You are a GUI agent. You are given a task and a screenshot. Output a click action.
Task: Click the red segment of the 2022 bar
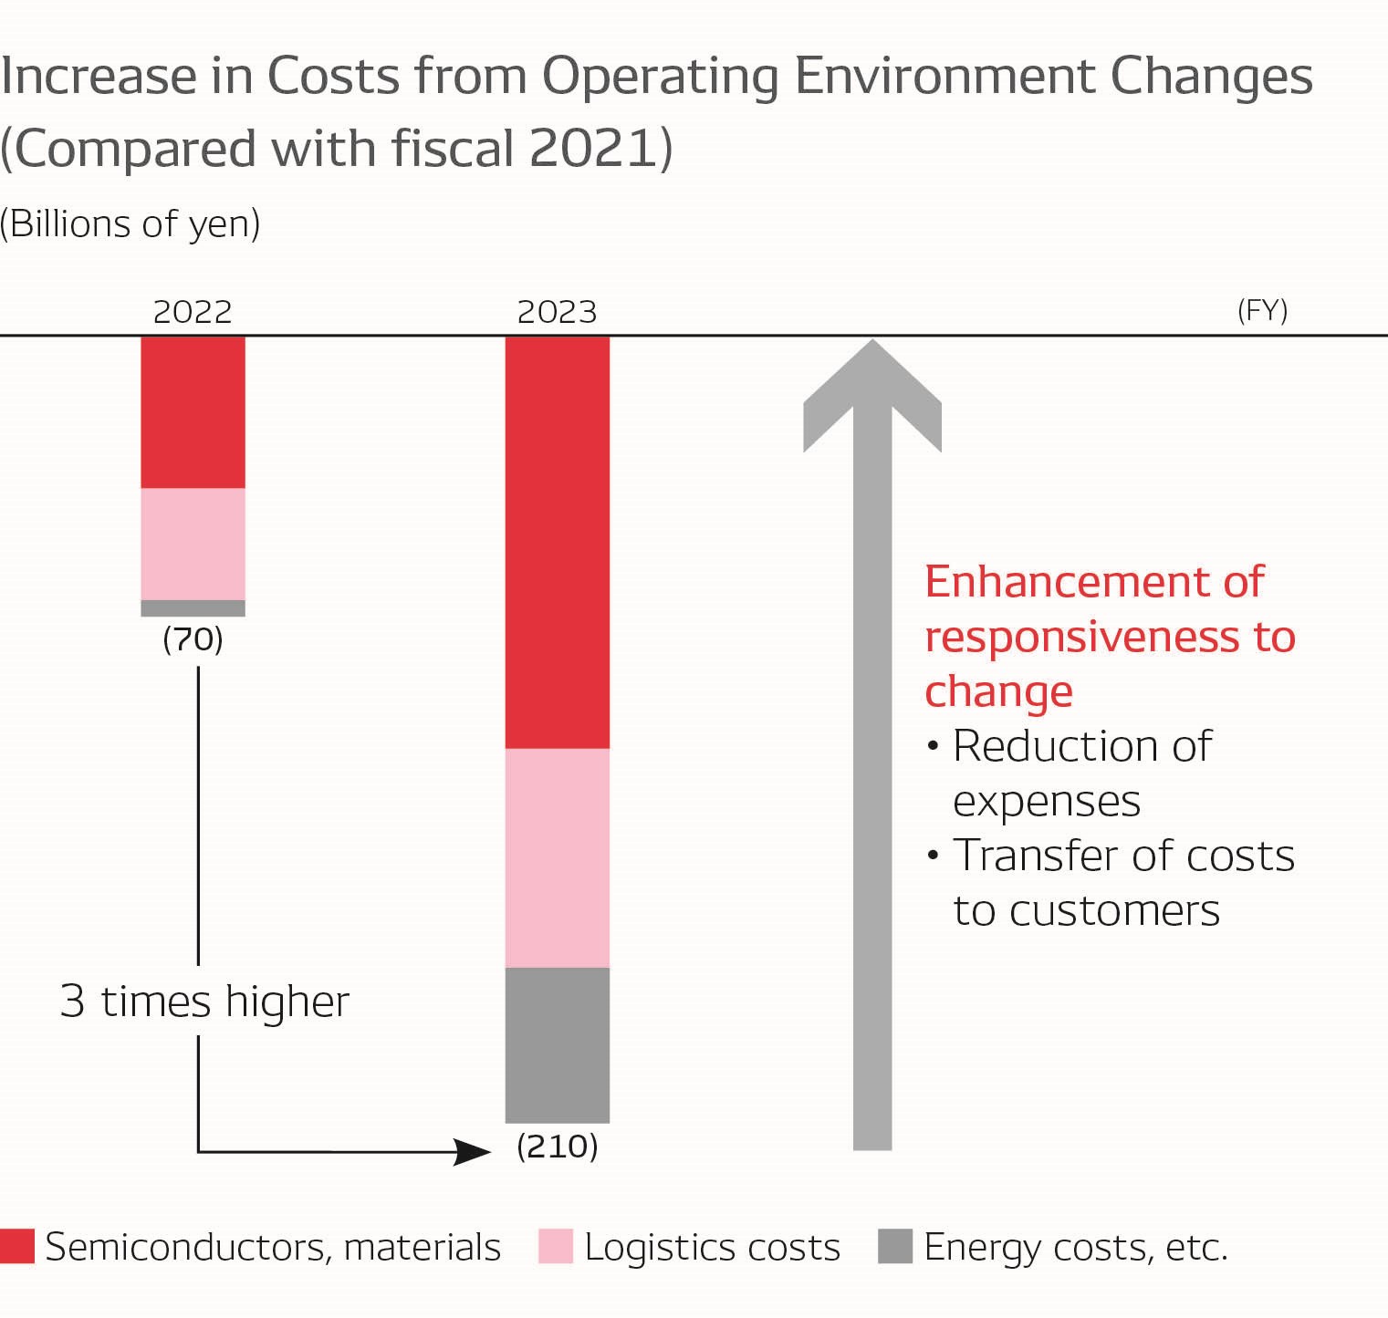(193, 412)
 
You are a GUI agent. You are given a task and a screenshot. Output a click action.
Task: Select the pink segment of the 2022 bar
(193, 544)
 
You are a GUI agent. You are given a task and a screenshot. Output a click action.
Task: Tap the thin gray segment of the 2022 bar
(193, 608)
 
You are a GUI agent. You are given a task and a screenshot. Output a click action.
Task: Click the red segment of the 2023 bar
(557, 543)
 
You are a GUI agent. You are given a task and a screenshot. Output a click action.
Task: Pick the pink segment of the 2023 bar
(557, 857)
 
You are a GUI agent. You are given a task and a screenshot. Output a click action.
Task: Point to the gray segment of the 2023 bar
(557, 1044)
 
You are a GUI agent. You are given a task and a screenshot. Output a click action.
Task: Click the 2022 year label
(193, 313)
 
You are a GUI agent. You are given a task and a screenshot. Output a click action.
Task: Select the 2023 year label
(557, 313)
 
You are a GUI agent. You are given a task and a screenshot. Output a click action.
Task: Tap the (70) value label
(193, 639)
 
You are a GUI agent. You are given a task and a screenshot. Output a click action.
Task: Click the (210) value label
(557, 1147)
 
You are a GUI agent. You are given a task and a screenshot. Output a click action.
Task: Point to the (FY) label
(1262, 311)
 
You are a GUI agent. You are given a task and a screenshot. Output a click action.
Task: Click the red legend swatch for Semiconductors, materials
(17, 1246)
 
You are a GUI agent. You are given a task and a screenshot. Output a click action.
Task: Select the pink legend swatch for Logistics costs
(556, 1246)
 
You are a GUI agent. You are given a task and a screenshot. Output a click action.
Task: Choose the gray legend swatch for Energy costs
(894, 1246)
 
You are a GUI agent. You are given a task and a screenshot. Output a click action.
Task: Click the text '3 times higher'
(204, 1001)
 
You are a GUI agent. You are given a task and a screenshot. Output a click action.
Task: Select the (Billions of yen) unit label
(130, 224)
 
